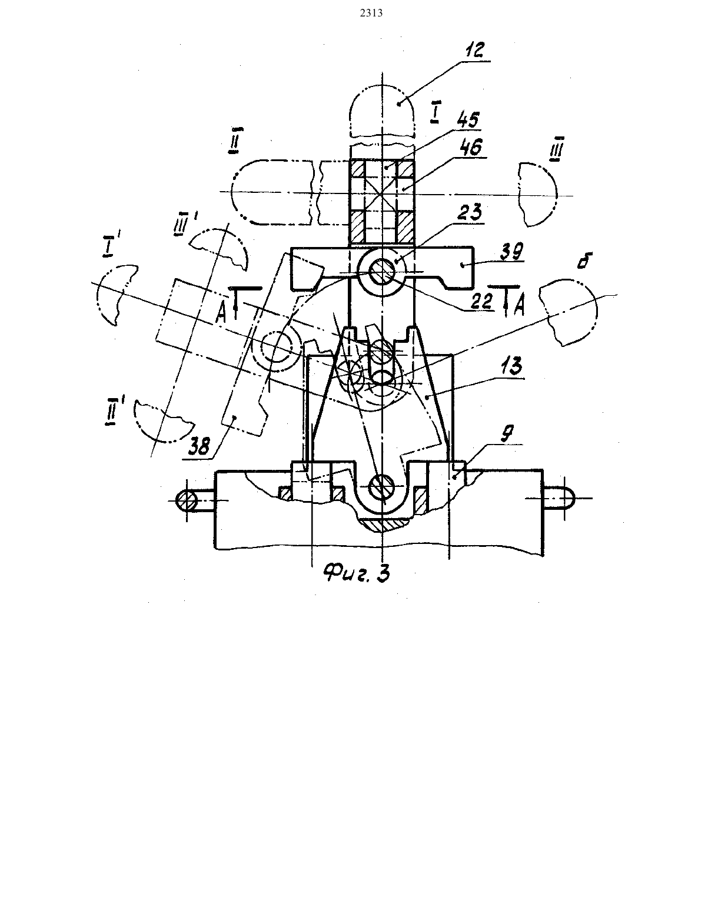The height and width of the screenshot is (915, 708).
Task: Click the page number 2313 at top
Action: click(x=371, y=14)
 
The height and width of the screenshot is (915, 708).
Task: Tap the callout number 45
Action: click(x=468, y=120)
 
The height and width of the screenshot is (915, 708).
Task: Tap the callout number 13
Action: click(x=511, y=366)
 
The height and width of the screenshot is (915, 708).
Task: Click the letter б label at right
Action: click(x=583, y=261)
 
